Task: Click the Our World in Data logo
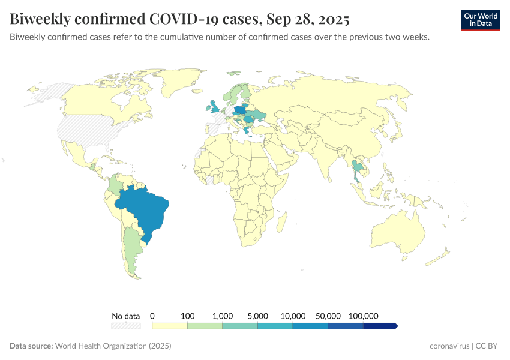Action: coord(480,20)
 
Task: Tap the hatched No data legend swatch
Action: coord(125,326)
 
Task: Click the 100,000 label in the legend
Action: coord(363,316)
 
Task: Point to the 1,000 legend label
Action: coord(223,316)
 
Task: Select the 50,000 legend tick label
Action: coord(328,316)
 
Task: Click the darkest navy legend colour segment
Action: coord(380,326)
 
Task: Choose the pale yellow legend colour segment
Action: coord(170,326)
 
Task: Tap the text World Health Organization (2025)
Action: coord(113,346)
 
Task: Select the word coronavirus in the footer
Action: coord(450,346)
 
